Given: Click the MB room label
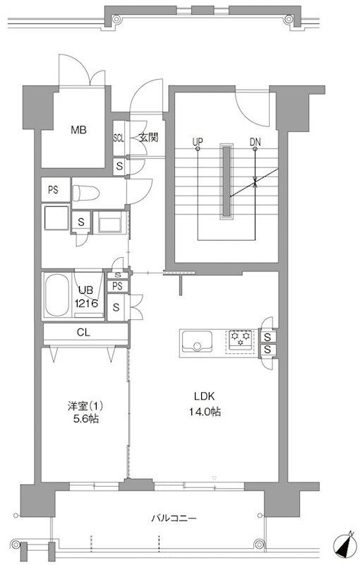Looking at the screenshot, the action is (78, 130).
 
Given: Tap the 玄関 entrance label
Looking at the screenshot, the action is (148, 138).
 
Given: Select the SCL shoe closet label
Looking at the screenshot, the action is (119, 138).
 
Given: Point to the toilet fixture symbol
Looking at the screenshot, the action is (85, 194).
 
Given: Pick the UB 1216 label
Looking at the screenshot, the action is (86, 297).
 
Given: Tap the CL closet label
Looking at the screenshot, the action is (83, 333).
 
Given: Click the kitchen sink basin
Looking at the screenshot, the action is (196, 341).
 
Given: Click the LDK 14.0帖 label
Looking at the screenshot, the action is (205, 404).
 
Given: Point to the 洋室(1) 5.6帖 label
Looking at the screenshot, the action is (85, 412).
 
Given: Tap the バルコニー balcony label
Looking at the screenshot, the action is (174, 519).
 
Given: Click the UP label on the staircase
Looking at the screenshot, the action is (198, 141).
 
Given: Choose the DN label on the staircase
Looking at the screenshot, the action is (256, 141).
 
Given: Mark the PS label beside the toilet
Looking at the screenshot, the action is (53, 189).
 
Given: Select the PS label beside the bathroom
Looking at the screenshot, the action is (117, 287).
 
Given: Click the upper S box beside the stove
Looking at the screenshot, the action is (268, 338).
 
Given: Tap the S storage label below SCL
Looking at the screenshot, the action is (119, 167).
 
